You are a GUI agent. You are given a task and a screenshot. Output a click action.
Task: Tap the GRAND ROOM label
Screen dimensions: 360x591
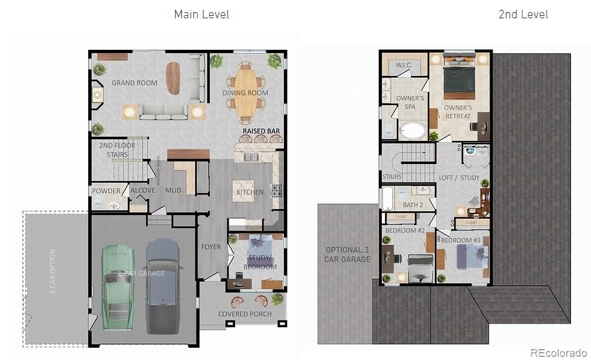pos(134,83)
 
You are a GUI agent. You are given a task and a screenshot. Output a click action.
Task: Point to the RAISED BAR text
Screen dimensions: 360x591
pos(261,131)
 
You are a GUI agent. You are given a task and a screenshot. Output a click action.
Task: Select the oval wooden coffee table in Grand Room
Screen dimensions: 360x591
pos(173,78)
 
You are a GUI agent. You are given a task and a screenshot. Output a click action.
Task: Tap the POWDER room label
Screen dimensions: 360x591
pos(106,191)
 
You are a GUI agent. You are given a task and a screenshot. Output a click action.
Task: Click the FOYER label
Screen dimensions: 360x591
pos(211,247)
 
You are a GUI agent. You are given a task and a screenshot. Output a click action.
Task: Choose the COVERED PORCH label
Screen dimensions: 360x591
pos(245,314)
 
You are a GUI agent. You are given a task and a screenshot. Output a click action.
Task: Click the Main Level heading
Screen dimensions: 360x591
pos(201,14)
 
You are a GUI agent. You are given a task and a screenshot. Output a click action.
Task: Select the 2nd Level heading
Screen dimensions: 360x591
pos(523,14)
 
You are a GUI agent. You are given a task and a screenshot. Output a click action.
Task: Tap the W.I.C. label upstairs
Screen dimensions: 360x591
pos(404,65)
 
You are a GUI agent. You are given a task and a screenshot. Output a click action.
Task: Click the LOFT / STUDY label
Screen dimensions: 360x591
pos(459,178)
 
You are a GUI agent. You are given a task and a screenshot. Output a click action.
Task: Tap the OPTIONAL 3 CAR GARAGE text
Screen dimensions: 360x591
pos(348,254)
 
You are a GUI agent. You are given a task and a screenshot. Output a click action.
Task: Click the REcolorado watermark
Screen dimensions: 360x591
pos(558,353)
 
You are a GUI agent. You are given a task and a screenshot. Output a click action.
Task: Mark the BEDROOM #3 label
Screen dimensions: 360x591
pos(461,240)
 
